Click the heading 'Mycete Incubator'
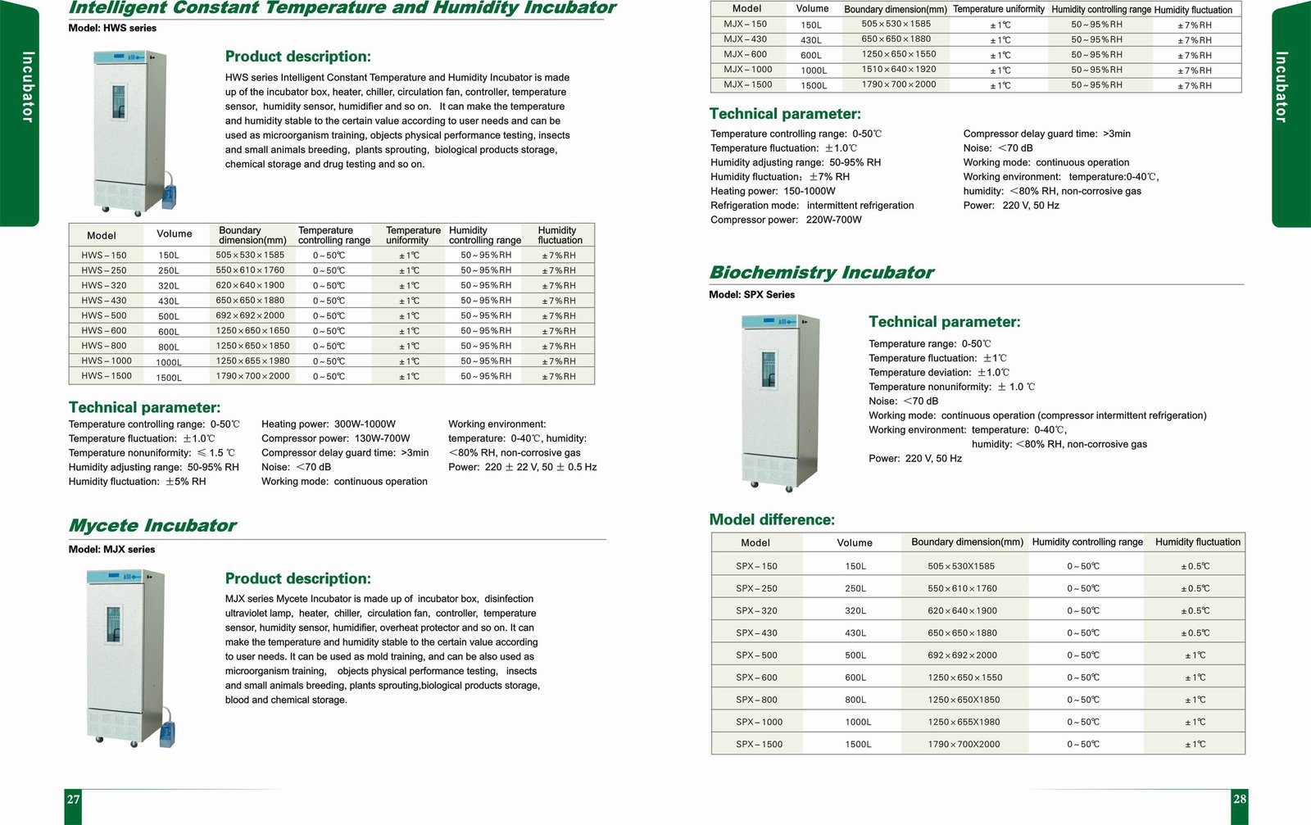coord(152,526)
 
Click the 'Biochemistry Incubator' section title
coord(821,273)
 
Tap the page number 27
coord(74,799)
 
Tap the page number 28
coord(1239,799)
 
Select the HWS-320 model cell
coord(104,285)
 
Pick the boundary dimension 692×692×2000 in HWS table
coord(250,315)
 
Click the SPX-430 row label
coord(756,633)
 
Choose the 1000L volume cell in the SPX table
coord(858,722)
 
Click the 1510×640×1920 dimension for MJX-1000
coord(898,70)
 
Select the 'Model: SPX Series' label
coord(751,295)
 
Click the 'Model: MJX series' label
coord(111,550)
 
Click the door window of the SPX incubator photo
coord(769,369)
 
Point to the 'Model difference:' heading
coord(772,519)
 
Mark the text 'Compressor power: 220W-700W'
coord(786,220)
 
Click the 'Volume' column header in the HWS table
coord(175,234)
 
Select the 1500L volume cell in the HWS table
coord(169,378)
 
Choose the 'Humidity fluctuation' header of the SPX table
coord(1197,542)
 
